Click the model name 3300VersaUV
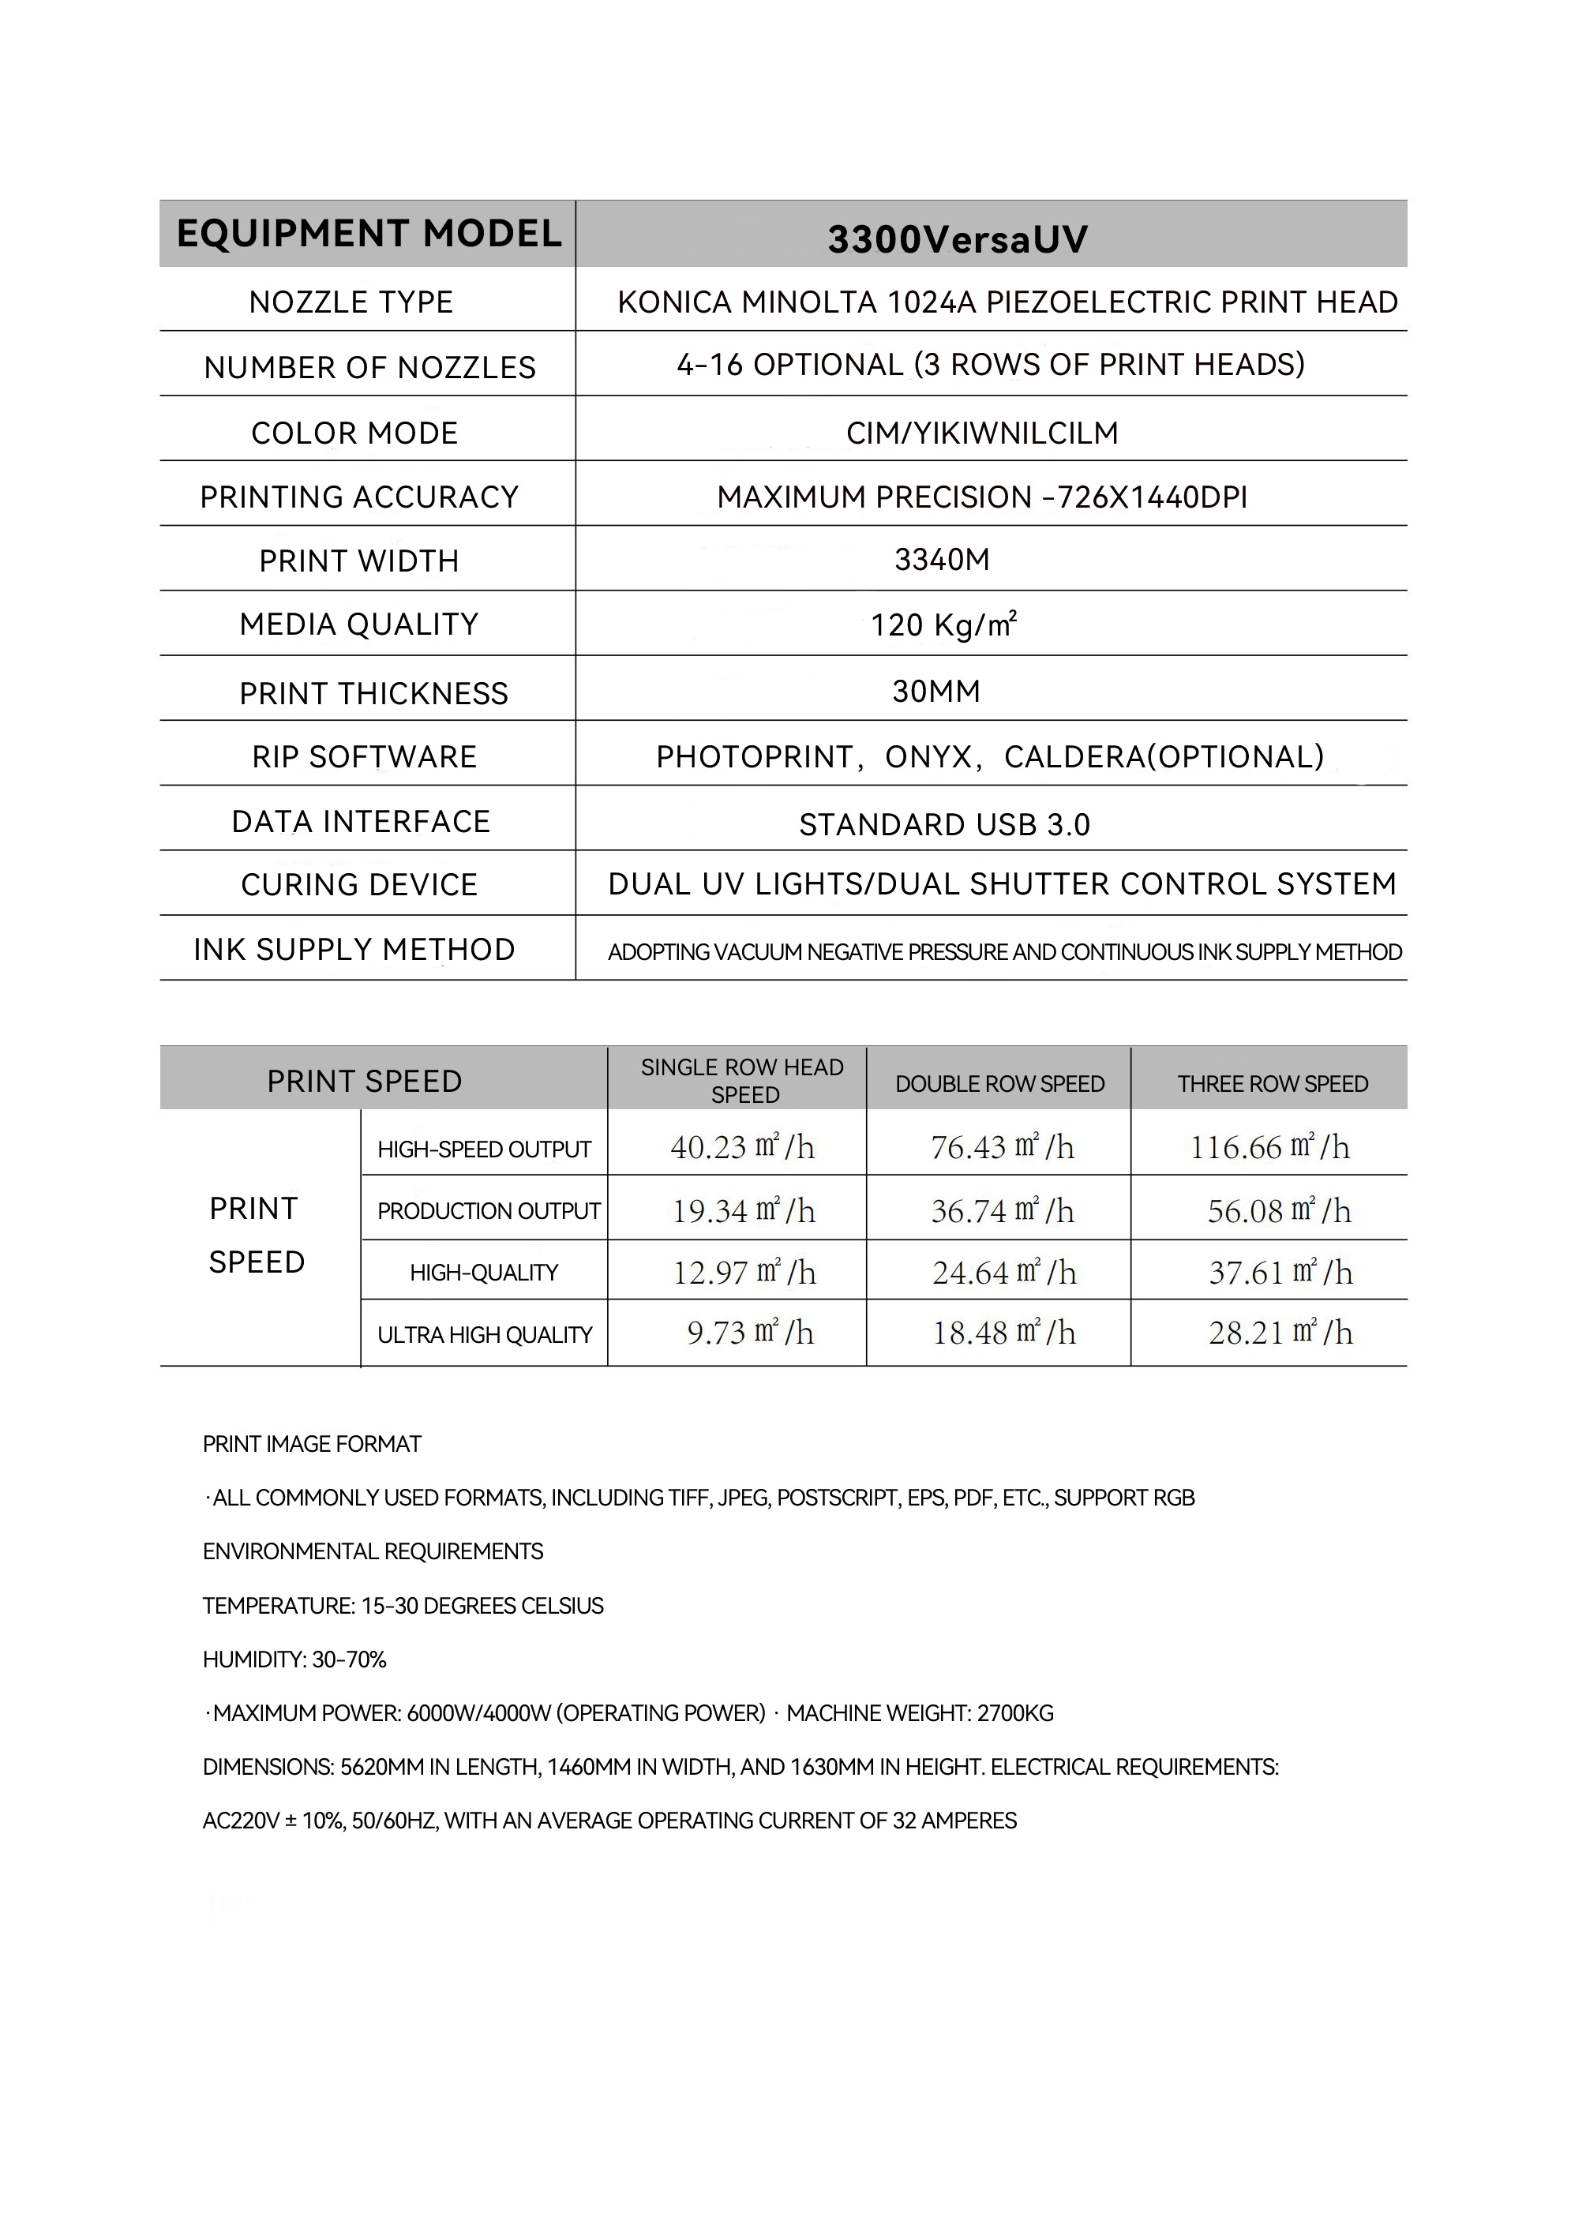(957, 239)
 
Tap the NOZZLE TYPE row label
(351, 302)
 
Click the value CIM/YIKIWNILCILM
(982, 433)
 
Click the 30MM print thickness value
(936, 692)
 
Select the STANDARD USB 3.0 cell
(944, 824)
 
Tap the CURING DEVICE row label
(359, 884)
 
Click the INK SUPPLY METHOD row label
(354, 949)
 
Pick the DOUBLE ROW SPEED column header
(999, 1083)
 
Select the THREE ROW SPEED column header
(1272, 1083)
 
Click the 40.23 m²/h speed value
(742, 1146)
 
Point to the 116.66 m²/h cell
(1269, 1146)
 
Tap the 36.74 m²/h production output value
(1002, 1210)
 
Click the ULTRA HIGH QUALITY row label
(485, 1335)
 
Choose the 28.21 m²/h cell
(1280, 1333)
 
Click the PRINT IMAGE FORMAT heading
(312, 1444)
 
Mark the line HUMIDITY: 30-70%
(294, 1660)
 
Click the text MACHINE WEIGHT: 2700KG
(919, 1713)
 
